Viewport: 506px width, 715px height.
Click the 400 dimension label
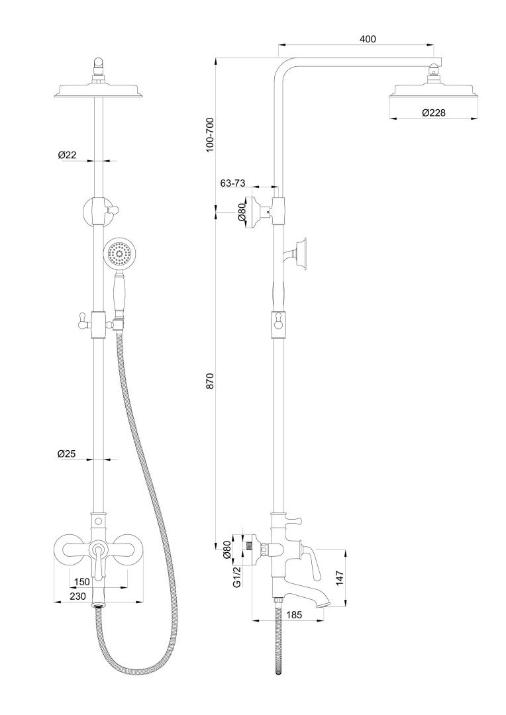[368, 39]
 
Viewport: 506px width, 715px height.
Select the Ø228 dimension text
[433, 113]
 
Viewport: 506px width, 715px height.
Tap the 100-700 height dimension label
[210, 136]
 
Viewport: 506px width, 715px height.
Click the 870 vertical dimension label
[210, 381]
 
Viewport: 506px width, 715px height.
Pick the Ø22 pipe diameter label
[67, 155]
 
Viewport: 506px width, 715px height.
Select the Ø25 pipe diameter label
[67, 453]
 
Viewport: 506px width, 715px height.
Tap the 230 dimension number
[77, 596]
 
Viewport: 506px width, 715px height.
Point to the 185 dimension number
[294, 615]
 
